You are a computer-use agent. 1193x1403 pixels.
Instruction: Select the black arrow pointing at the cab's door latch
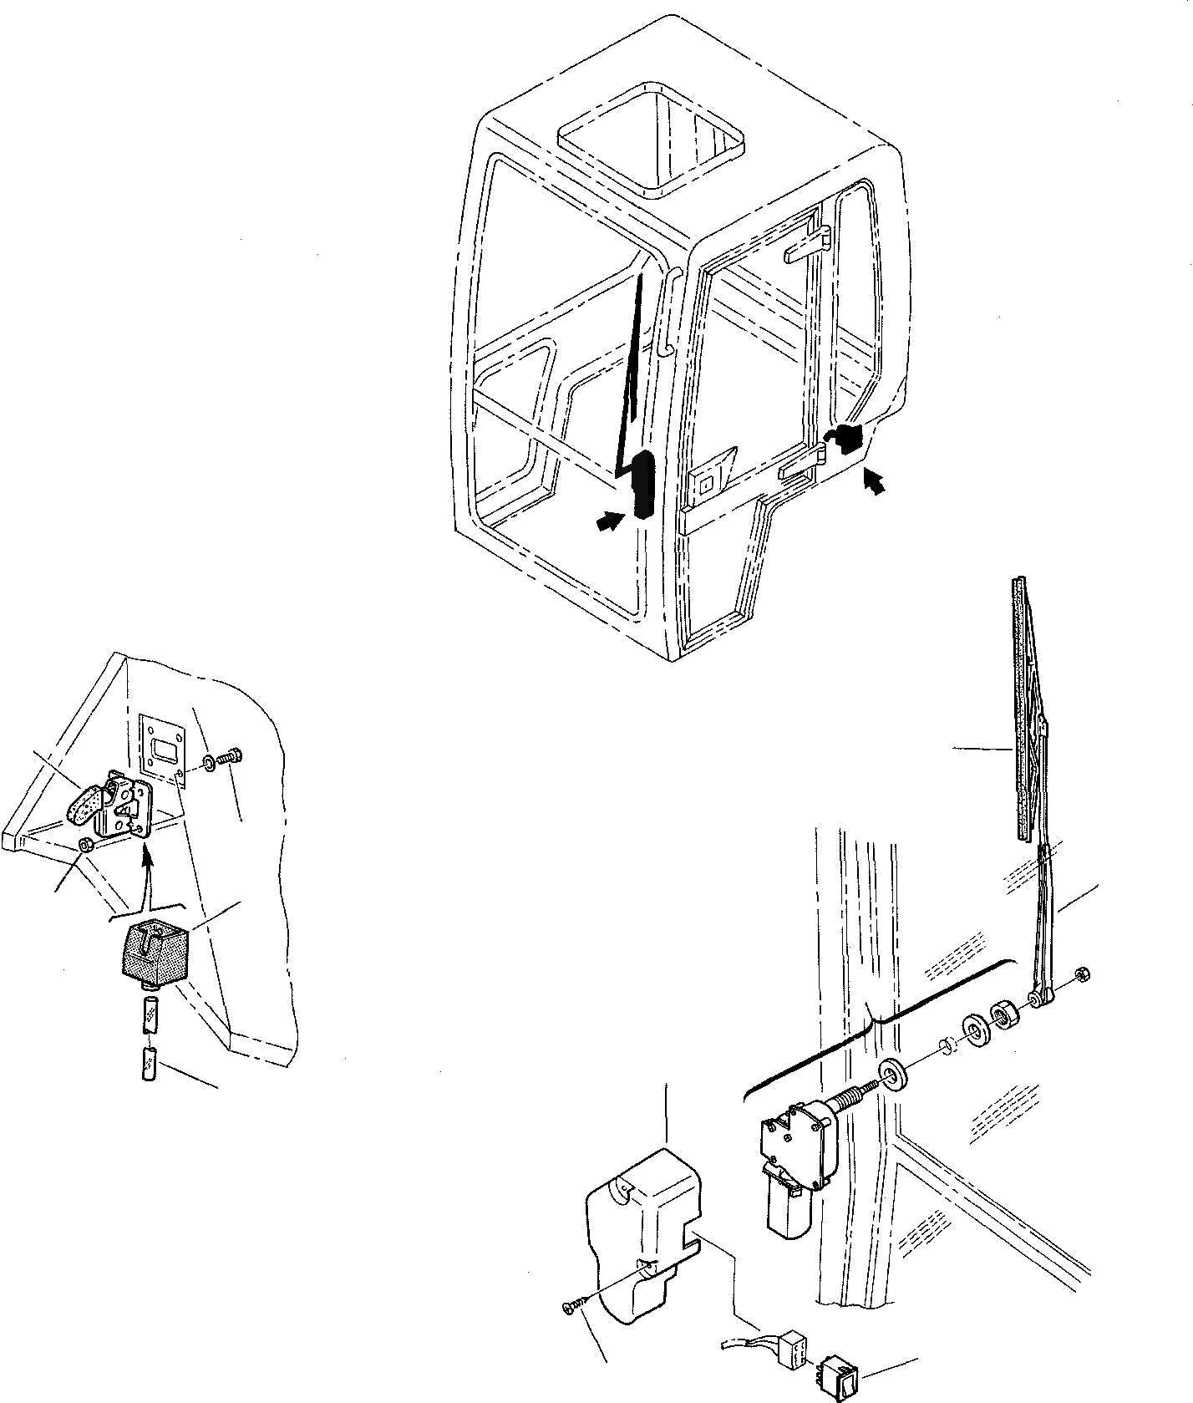pos(872,482)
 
